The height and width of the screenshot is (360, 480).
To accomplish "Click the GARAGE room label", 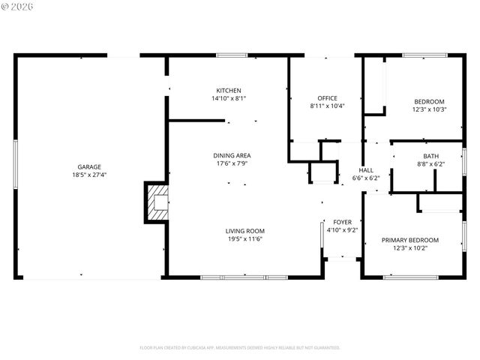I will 88,167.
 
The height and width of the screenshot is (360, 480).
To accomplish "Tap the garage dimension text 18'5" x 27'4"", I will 88,175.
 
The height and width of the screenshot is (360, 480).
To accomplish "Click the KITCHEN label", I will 229,90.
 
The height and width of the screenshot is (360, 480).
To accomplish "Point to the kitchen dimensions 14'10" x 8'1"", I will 229,98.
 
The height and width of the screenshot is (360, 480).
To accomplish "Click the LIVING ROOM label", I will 245,231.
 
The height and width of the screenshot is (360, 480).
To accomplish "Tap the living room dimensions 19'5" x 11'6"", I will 245,239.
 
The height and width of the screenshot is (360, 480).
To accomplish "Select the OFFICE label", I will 327,98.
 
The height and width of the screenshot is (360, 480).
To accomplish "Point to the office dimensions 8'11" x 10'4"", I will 327,106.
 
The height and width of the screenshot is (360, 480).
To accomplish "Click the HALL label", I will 366,170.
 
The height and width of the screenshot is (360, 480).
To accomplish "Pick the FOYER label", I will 342,222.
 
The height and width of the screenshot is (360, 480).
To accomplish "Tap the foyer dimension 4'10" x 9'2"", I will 342,230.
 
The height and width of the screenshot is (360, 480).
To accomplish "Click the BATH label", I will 430,156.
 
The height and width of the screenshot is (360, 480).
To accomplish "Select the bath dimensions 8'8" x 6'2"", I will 430,164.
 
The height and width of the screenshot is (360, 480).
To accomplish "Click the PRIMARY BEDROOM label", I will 409,240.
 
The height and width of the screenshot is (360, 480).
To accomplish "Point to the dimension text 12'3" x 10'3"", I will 429,109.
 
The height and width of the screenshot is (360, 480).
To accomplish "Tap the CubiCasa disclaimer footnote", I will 240,348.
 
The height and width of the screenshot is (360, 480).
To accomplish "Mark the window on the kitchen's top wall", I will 232,55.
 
